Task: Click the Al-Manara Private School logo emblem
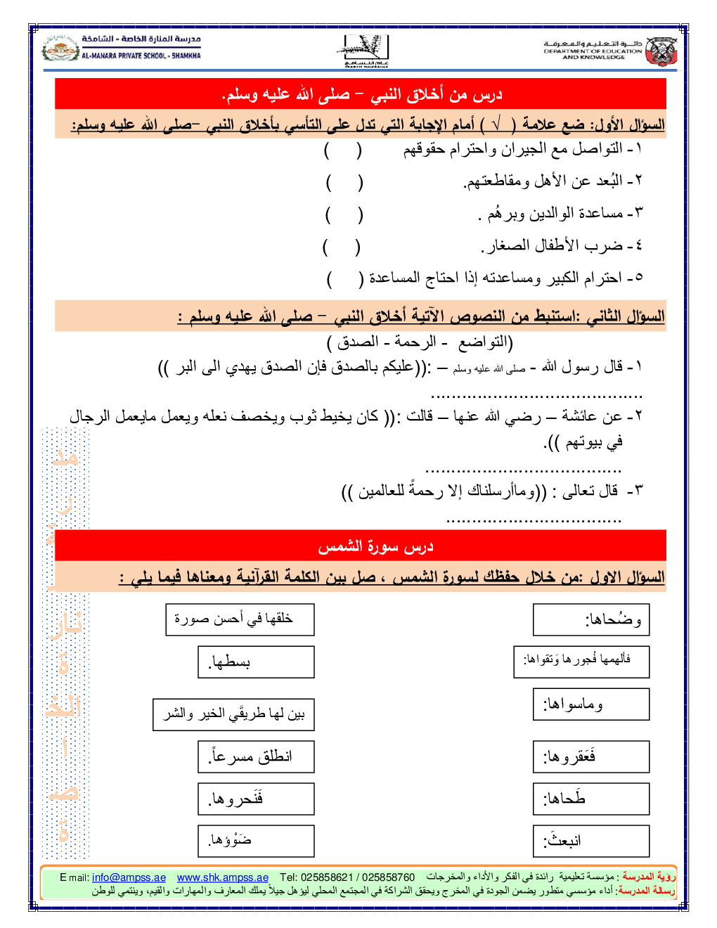click(60, 49)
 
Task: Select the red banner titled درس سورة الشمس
click(361, 546)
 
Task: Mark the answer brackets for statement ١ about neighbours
click(343, 150)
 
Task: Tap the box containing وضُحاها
click(590, 620)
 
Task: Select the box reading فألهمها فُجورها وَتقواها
click(581, 661)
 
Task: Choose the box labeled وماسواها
click(590, 704)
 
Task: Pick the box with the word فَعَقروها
click(590, 757)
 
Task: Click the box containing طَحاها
click(590, 799)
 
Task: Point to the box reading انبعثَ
click(590, 841)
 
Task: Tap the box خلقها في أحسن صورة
click(240, 619)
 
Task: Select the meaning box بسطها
click(256, 662)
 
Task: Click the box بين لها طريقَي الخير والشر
click(233, 714)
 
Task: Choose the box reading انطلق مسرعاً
click(256, 757)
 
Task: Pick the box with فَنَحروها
click(256, 799)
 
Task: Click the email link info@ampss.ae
click(129, 877)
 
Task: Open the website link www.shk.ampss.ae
click(222, 877)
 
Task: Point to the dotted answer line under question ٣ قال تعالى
click(534, 521)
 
